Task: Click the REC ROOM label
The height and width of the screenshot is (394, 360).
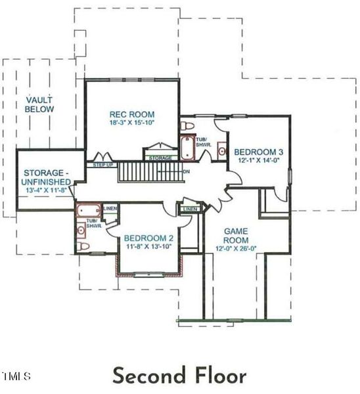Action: point(132,114)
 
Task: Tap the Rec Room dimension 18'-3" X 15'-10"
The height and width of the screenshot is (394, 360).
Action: point(132,122)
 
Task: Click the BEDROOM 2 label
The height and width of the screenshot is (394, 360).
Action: point(148,238)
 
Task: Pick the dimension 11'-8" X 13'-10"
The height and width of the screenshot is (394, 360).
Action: point(148,246)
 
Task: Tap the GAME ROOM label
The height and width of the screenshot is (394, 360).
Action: point(235,236)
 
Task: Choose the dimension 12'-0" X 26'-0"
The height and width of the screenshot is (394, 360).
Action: point(235,248)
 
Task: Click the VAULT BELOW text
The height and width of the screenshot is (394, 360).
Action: point(39,104)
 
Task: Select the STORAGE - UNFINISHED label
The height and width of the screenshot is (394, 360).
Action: point(43,177)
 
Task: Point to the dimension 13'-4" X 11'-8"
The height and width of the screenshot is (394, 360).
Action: point(43,190)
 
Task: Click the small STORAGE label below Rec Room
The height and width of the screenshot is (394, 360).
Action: point(160,158)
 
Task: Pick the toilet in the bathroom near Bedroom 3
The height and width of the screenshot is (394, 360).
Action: point(187,125)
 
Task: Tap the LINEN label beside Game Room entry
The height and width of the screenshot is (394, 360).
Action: point(191,209)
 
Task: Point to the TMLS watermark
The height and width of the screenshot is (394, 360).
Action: point(16,376)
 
